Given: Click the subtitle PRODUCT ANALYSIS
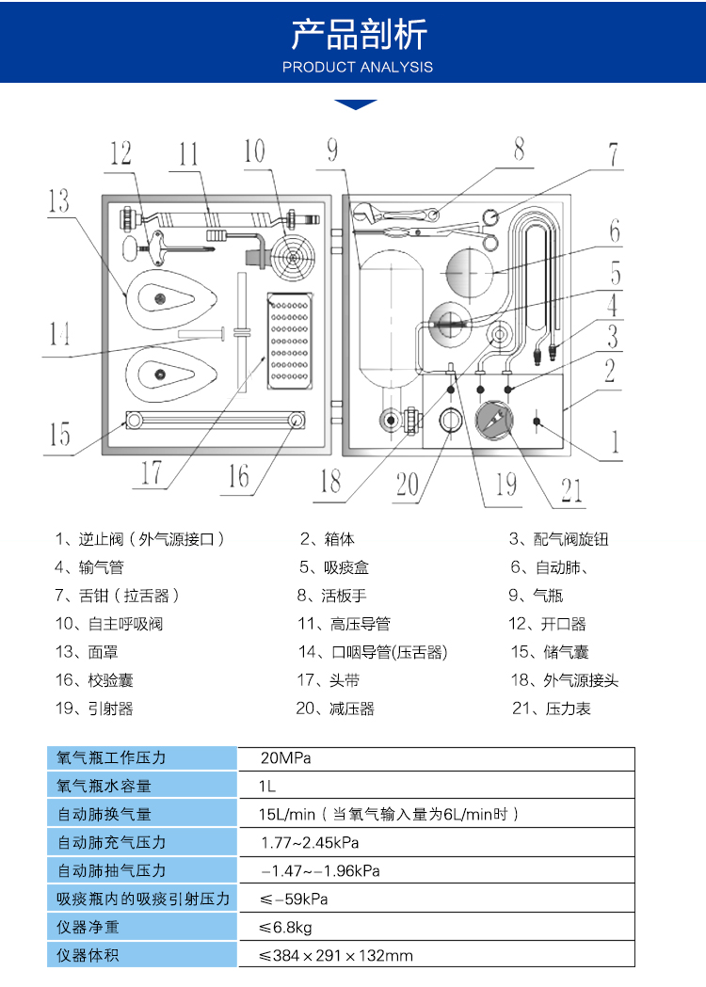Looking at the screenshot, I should (358, 67).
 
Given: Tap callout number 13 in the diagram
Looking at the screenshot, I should (58, 199).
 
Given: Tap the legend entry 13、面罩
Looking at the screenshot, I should (87, 652).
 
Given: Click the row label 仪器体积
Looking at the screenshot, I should (88, 956).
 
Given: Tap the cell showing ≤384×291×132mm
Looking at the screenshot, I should (337, 956).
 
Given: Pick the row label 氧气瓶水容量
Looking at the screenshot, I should (104, 787).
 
